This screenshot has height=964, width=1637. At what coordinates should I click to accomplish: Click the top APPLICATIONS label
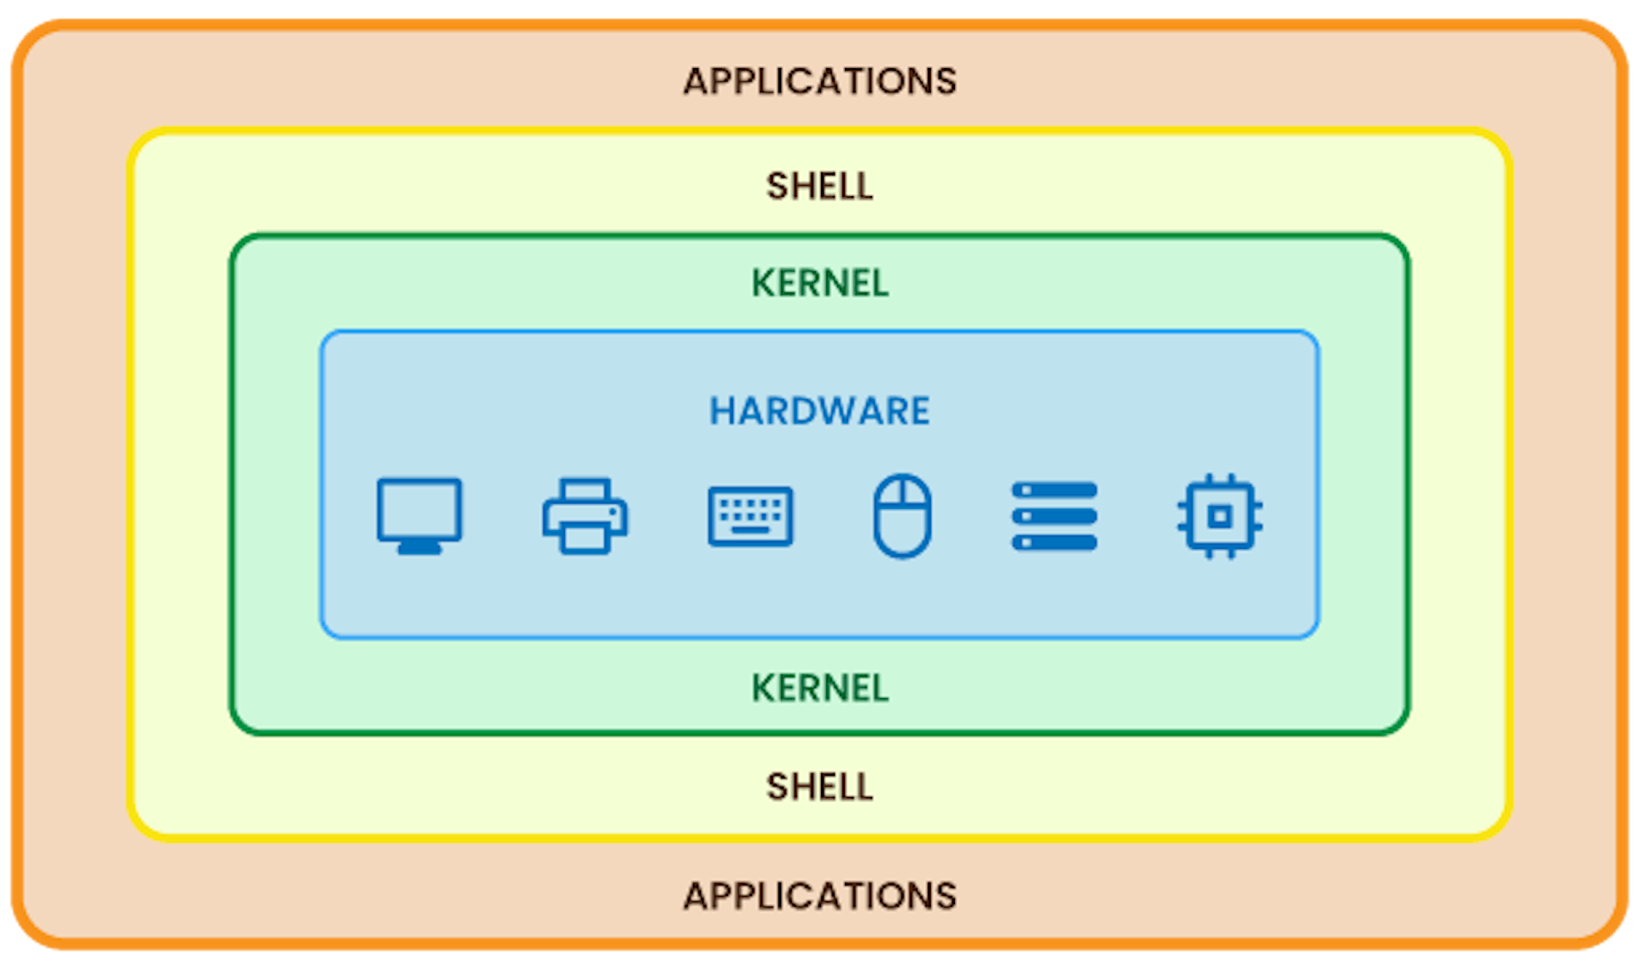point(819,82)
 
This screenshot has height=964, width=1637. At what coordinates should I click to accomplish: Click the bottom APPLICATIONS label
point(819,896)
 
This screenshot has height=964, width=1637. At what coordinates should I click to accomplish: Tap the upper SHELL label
point(819,186)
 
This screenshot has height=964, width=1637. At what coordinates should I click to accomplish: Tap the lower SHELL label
point(819,786)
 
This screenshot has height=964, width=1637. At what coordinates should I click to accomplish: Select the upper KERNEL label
point(819,283)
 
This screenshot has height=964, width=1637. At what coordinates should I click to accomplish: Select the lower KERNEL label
point(819,688)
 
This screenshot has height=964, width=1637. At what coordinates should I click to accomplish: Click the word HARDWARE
point(819,411)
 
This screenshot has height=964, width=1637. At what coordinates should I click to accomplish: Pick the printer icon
point(585,516)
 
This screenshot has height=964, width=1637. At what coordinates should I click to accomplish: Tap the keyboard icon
point(750,516)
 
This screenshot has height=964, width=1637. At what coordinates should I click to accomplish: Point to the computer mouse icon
point(902,516)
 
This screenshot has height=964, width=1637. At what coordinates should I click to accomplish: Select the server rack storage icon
point(1055,517)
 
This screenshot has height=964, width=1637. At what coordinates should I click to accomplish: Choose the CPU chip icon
point(1220,517)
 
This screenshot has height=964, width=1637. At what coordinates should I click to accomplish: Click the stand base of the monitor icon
point(419,547)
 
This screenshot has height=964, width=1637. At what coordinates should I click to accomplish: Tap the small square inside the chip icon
point(1220,517)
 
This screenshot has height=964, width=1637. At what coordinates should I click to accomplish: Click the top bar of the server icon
point(1055,490)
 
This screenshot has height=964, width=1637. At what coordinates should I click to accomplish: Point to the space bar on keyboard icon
point(750,531)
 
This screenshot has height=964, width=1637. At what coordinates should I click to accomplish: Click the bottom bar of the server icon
point(1055,543)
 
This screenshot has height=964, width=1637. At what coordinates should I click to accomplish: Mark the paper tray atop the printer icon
point(585,490)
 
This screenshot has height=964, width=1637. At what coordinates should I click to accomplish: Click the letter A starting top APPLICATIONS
point(696,82)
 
